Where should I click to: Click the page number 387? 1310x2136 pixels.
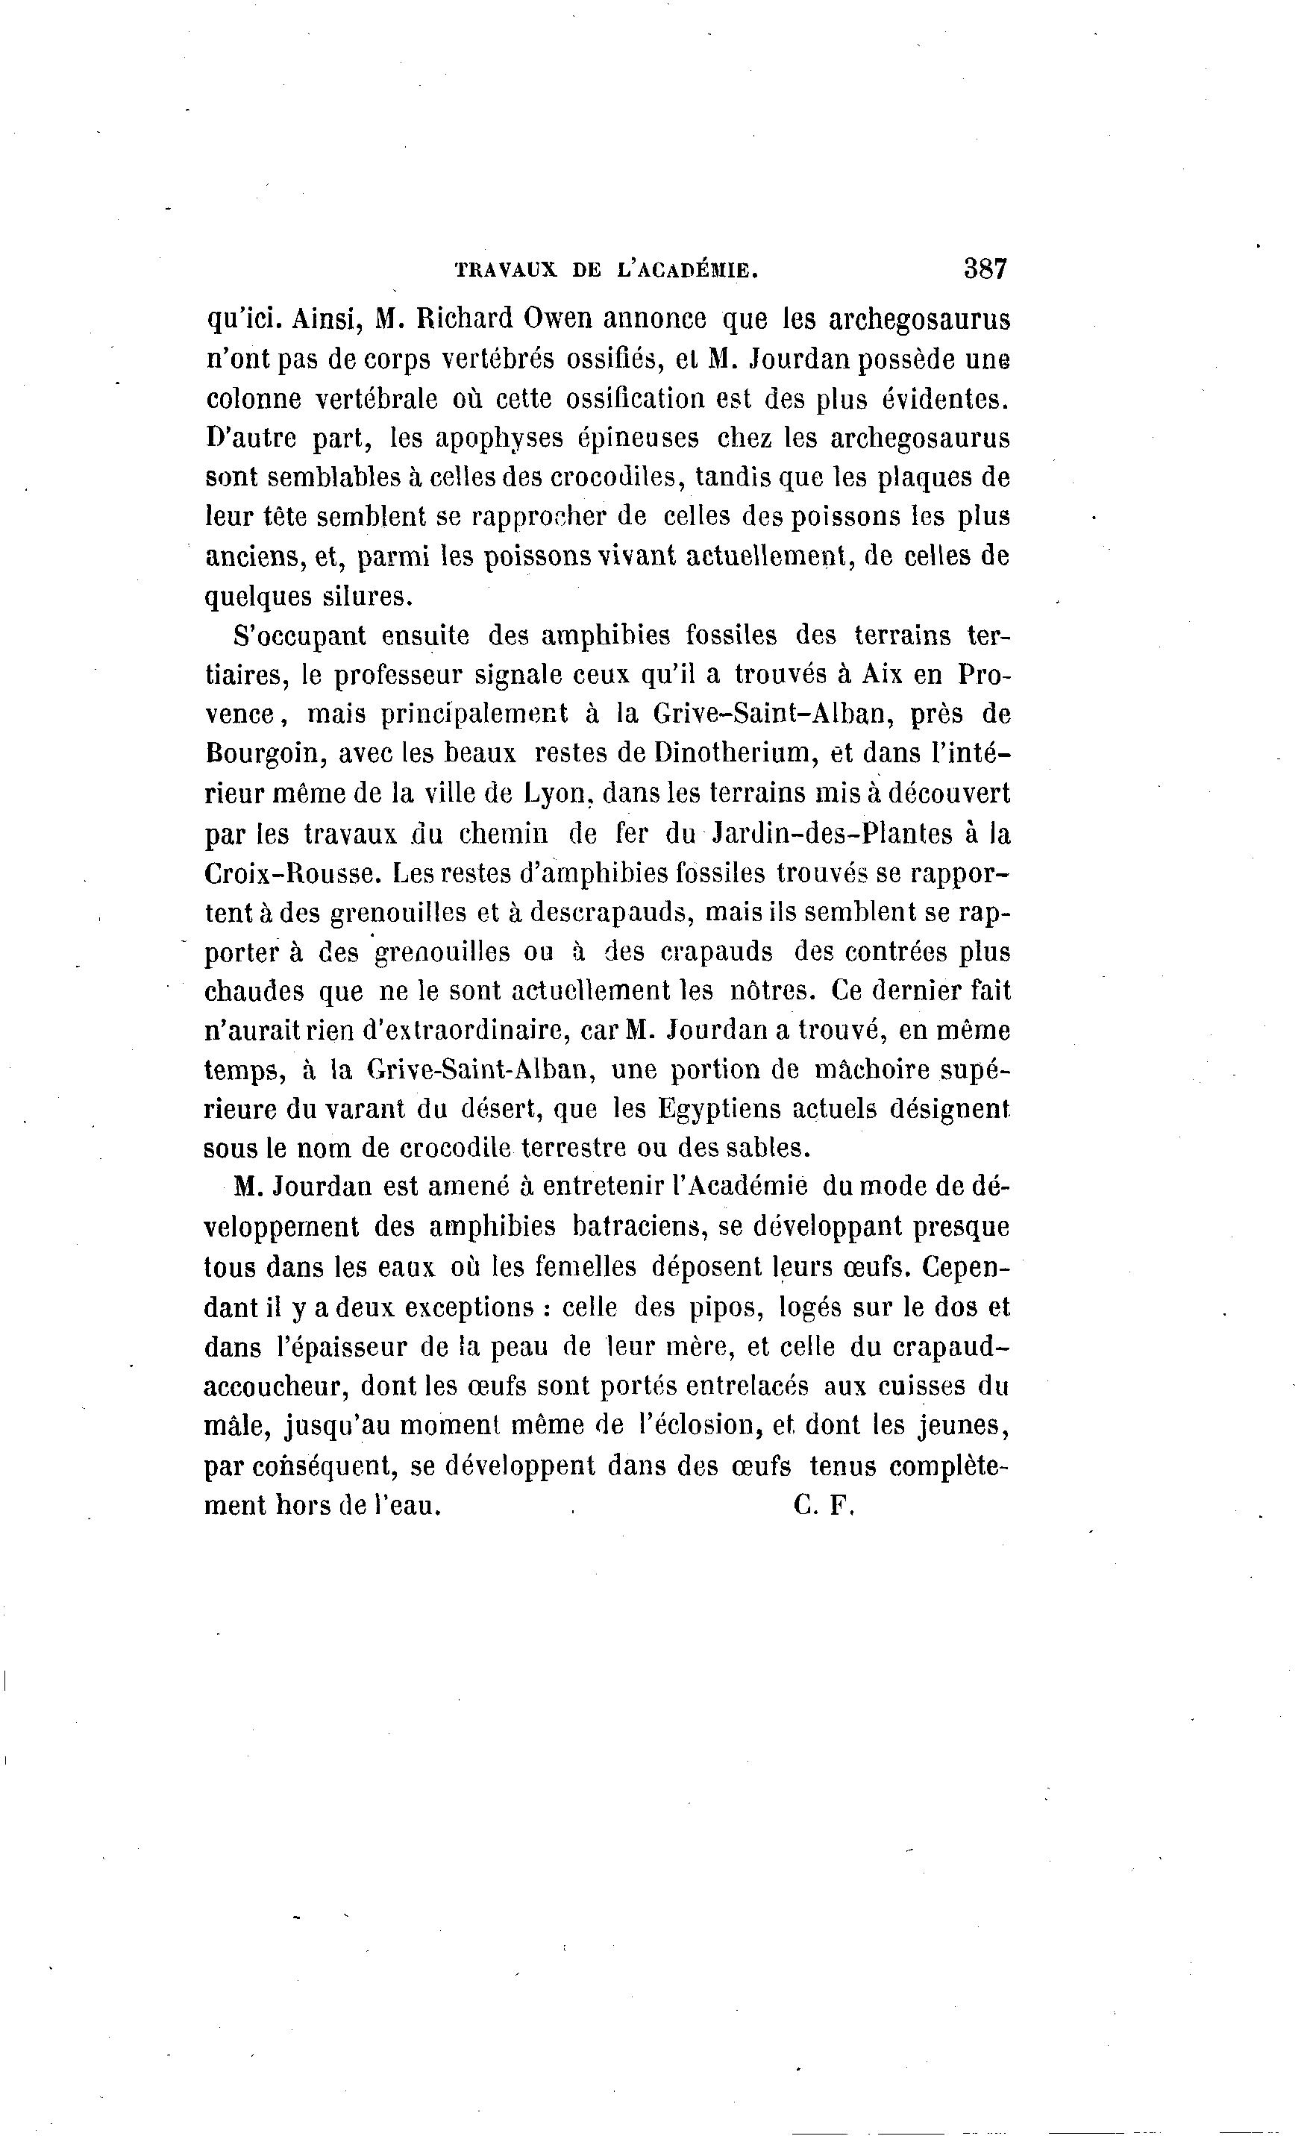pyautogui.click(x=985, y=268)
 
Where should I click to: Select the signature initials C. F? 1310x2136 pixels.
pyautogui.click(x=822, y=1506)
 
